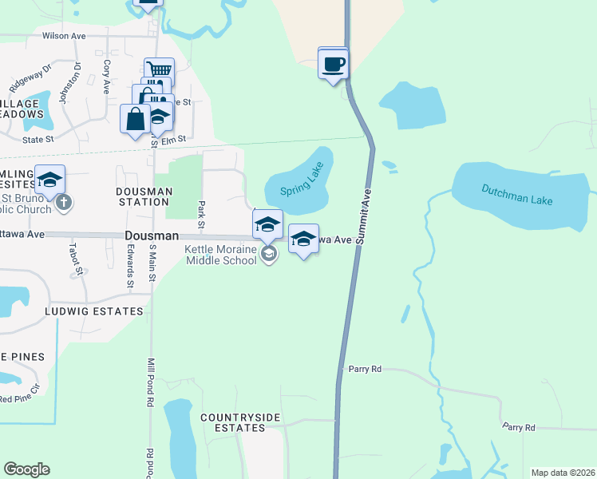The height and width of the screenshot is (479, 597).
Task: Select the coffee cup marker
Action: [333, 64]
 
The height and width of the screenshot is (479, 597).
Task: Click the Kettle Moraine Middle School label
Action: [221, 254]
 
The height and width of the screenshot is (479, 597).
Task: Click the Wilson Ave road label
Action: [64, 36]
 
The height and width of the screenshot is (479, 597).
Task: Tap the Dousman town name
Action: [149, 237]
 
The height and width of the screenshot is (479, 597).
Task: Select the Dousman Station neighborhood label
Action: [144, 196]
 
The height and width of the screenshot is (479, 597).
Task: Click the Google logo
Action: [26, 469]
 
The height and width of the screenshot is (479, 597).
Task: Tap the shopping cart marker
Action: [159, 70]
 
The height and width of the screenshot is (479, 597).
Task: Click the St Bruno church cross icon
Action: [65, 204]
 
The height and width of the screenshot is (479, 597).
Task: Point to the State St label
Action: [38, 139]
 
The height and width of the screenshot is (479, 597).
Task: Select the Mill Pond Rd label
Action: [149, 383]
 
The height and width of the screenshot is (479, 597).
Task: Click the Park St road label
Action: [202, 212]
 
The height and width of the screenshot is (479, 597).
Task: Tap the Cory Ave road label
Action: [106, 75]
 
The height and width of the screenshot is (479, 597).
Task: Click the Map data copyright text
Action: [562, 473]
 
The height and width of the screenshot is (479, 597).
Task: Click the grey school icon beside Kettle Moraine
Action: [270, 255]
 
